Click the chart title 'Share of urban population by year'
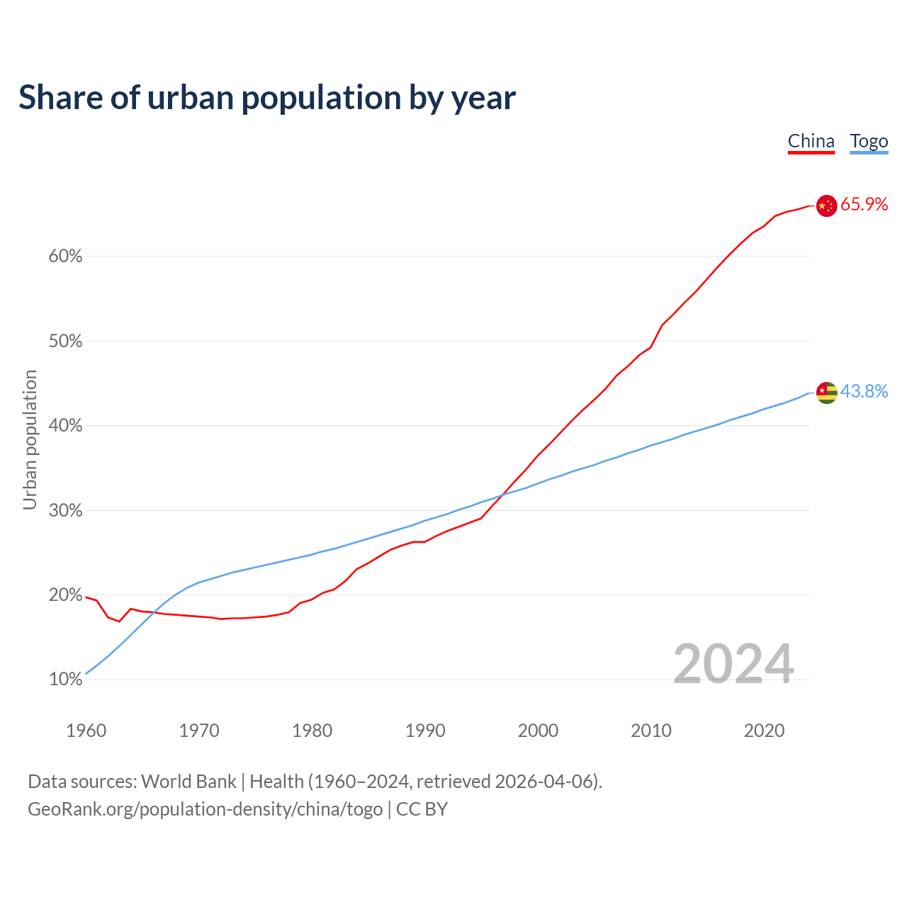[267, 98]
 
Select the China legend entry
[811, 141]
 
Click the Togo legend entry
[869, 141]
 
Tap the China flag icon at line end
[826, 205]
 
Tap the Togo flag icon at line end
[826, 392]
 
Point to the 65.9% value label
[864, 205]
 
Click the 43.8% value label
[864, 391]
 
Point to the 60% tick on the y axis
[65, 257]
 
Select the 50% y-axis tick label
[65, 342]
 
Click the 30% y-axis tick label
[65, 511]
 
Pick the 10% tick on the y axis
[65, 680]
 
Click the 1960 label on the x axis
[86, 731]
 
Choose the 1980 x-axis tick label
[312, 731]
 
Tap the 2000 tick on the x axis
[538, 731]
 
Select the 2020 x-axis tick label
[764, 731]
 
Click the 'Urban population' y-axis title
[30, 439]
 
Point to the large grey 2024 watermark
[733, 664]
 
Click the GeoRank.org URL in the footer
[205, 809]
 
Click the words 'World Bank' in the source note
[188, 782]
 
